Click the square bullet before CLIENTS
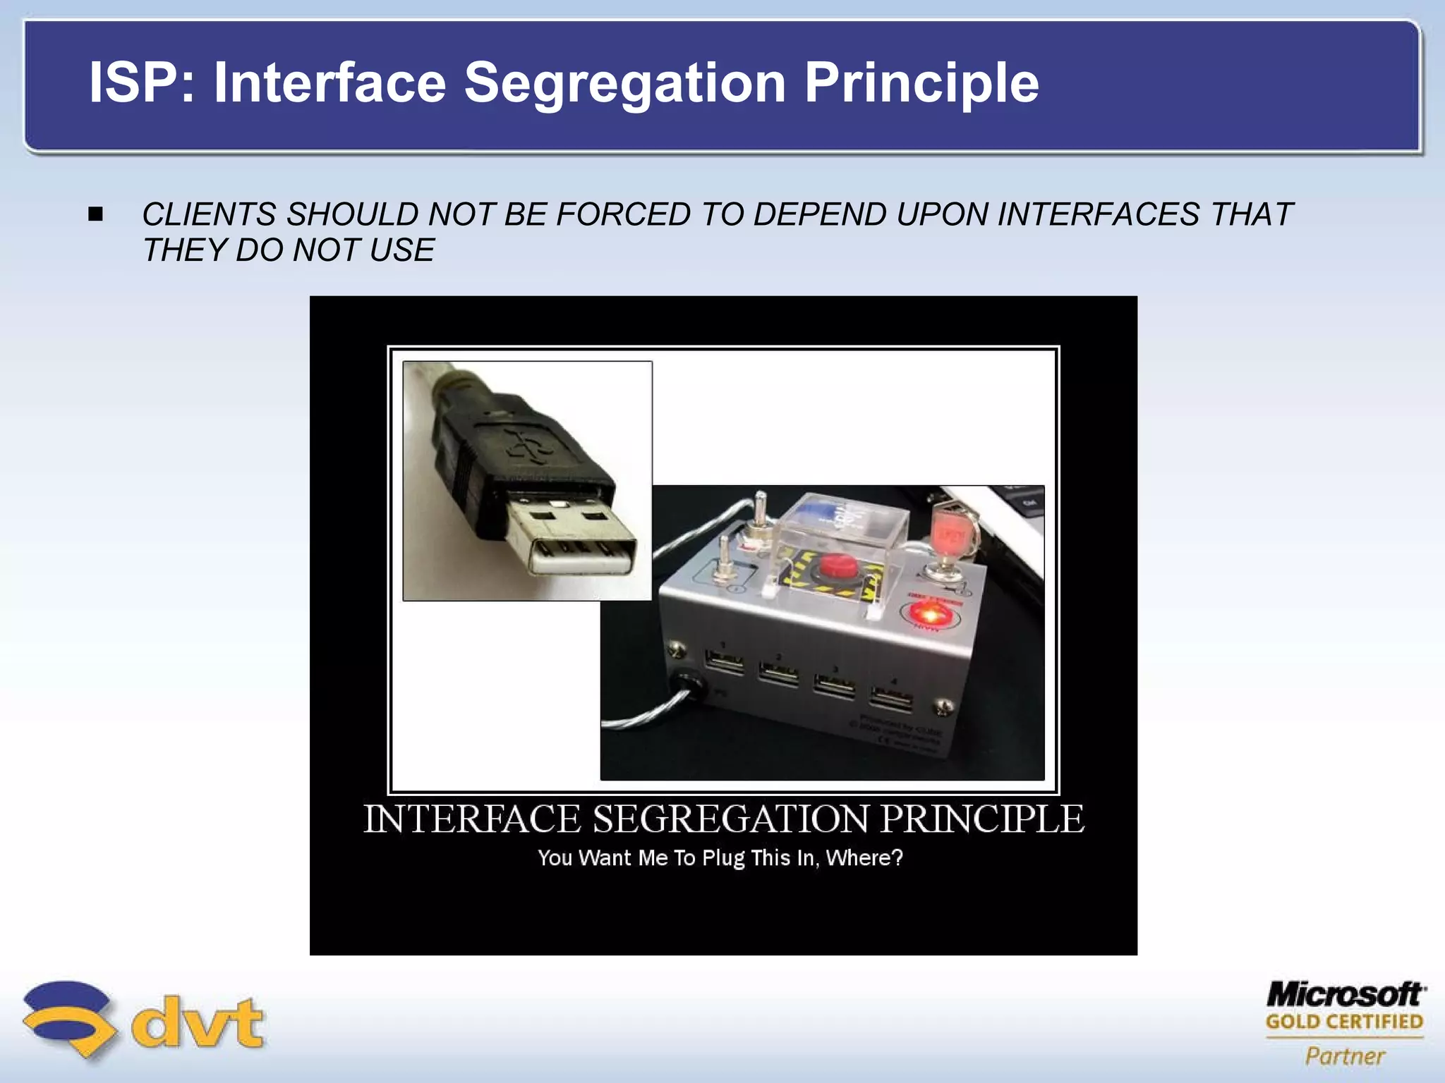click(96, 214)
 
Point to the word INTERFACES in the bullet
click(1098, 214)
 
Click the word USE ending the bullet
click(401, 250)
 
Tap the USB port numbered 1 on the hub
click(724, 663)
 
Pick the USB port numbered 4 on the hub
click(892, 699)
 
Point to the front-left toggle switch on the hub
click(723, 561)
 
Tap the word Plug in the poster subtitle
click(723, 858)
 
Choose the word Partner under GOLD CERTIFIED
click(1345, 1056)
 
